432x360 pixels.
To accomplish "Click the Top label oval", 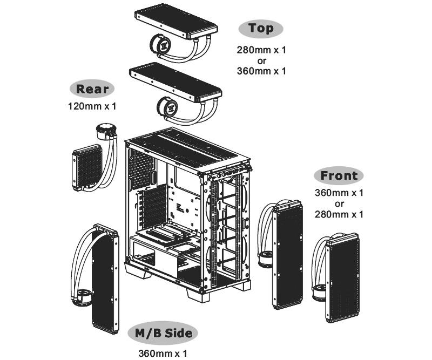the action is (x=261, y=29).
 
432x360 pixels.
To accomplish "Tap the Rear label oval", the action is (x=92, y=89).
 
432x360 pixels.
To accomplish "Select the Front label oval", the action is (x=339, y=175).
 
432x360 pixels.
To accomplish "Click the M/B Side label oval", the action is (x=163, y=332).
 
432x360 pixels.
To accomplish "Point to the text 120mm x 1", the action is (x=92, y=106).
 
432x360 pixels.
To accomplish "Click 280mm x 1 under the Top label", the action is (x=261, y=50).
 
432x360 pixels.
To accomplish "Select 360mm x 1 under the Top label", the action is (x=261, y=71).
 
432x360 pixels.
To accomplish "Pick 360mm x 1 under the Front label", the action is (x=339, y=193).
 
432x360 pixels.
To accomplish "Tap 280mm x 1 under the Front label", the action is (x=339, y=214).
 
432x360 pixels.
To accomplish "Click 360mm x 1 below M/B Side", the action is (x=163, y=353).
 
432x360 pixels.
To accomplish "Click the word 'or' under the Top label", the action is (x=262, y=60).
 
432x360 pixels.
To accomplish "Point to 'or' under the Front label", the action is (x=340, y=204).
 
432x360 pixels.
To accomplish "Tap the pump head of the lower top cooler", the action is (x=167, y=106).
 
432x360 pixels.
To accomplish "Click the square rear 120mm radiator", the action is (x=87, y=167).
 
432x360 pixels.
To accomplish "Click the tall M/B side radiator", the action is (x=105, y=279).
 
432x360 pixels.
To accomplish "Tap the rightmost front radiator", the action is (x=343, y=278).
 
